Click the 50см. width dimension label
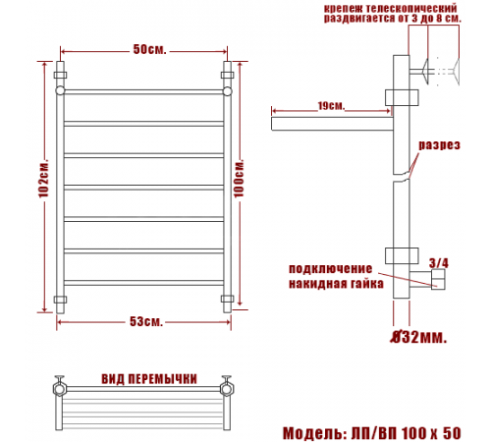click(x=149, y=49)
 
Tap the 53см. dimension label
click(x=146, y=321)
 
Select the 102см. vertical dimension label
click(x=44, y=179)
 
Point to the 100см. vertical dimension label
click(x=239, y=179)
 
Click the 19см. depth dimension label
click(x=331, y=106)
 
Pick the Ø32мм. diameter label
click(x=419, y=337)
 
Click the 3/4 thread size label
click(x=439, y=263)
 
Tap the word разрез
click(x=439, y=145)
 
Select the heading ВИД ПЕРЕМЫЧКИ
click(x=149, y=379)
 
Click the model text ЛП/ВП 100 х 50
click(x=406, y=433)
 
